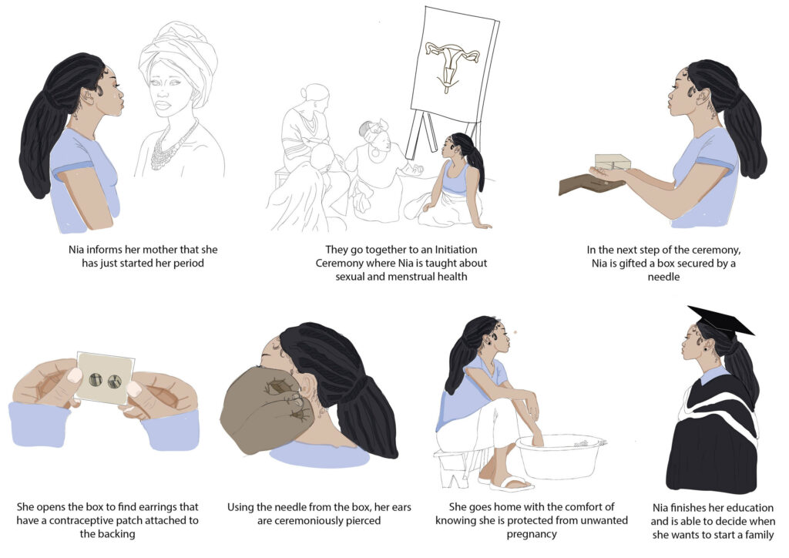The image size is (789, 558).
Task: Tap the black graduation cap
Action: point(720,320)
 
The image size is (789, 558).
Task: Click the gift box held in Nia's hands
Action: point(613,162)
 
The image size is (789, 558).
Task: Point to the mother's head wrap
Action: point(179,57)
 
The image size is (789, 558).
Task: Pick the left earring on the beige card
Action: point(96,379)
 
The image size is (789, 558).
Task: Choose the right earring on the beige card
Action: point(115,382)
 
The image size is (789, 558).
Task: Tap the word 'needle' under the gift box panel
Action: point(663,277)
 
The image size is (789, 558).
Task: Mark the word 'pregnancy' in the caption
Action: point(532,534)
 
